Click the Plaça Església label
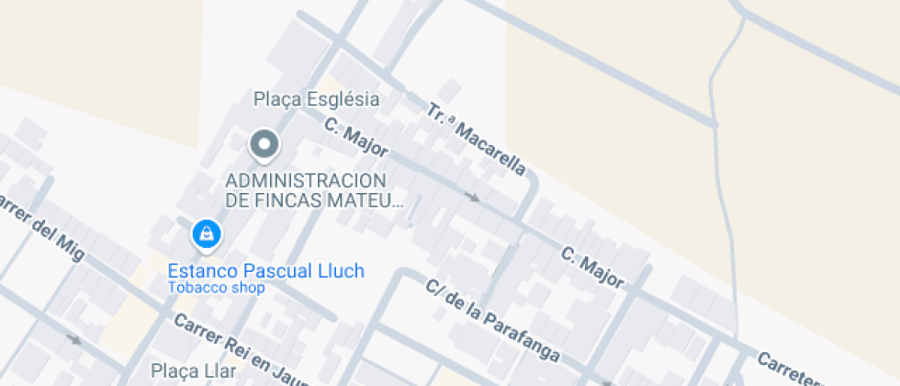pos(316,98)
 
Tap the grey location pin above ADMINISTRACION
pos(265,145)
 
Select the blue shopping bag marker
pos(207,234)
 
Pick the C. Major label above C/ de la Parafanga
pos(592,266)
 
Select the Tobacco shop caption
pos(216,288)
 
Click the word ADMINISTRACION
pos(306,180)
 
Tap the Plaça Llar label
pos(193,371)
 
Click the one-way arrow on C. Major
pos(473,196)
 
